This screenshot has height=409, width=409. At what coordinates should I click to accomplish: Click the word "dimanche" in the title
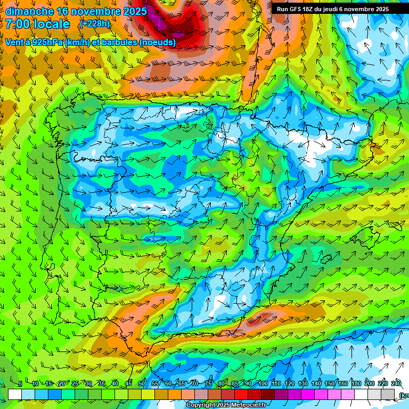coord(29,11)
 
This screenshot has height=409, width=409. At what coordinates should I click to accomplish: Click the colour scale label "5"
coord(20,384)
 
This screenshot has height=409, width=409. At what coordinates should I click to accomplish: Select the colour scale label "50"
coord(142,384)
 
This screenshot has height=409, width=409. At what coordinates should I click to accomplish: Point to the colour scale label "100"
coord(263,384)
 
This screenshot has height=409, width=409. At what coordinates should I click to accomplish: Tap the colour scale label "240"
coord(396,384)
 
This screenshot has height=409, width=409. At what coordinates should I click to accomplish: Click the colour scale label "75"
coord(208,384)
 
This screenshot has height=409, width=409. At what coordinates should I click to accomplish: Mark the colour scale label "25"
coord(75,384)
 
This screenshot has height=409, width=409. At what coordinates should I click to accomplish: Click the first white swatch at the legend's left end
coord(14,394)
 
